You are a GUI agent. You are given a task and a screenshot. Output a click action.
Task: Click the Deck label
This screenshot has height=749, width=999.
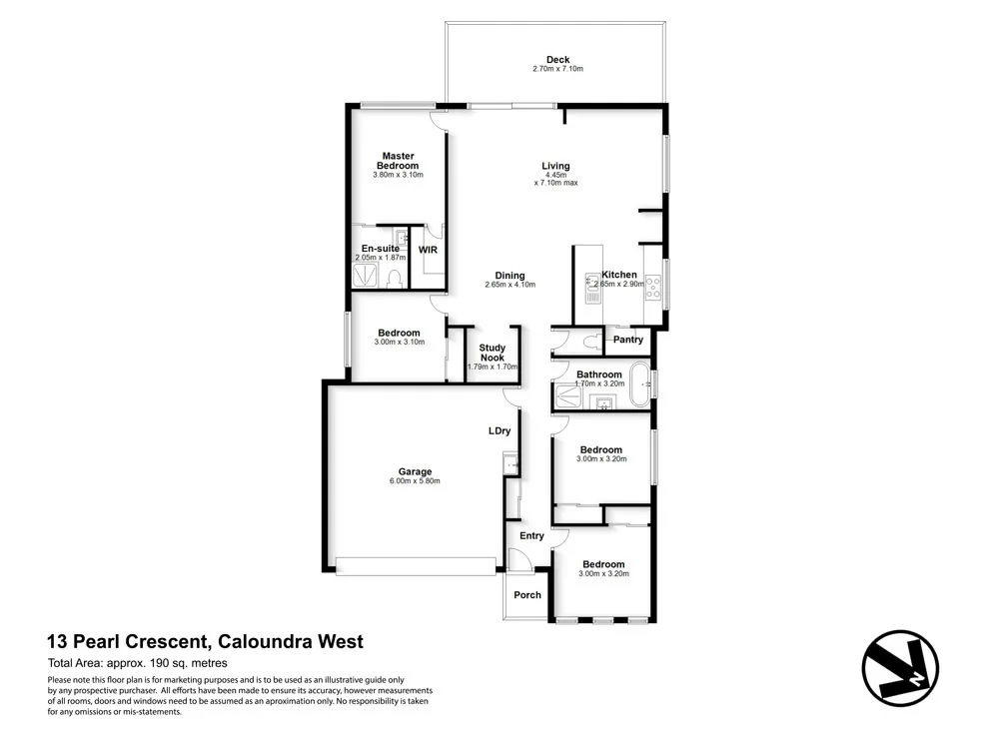coord(556,59)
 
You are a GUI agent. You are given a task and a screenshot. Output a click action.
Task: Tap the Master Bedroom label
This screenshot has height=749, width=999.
coord(398,160)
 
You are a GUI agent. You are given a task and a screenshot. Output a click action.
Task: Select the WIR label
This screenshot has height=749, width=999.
coord(428,250)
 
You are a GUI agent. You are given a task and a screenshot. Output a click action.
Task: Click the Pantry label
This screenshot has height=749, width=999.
coord(628,340)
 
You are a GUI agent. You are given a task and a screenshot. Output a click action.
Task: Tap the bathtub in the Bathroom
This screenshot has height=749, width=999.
coord(638,385)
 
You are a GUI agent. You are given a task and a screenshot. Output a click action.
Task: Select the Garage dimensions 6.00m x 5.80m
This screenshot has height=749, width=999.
coord(415,481)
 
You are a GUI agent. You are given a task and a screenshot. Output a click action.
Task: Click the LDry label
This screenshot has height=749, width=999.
coord(499,430)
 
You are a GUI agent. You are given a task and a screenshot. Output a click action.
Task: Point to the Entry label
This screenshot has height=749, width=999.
coord(531,536)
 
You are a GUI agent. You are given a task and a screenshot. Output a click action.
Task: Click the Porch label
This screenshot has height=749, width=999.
coord(527,595)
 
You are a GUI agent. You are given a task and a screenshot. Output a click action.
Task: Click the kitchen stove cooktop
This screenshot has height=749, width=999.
coord(655,287)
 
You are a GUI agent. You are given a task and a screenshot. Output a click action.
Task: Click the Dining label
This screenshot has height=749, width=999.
coord(510,276)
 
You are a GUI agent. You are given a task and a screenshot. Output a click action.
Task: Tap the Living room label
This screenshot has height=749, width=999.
coord(555,166)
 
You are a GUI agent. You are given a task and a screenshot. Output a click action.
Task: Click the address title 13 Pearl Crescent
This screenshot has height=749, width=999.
coord(206,642)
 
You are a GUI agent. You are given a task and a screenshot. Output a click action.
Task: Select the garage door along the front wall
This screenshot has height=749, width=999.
coord(415,566)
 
